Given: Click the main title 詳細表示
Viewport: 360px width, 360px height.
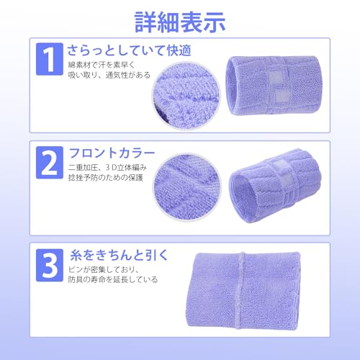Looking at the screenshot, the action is tap(180, 22).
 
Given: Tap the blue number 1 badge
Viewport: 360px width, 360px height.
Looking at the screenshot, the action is tap(50, 59).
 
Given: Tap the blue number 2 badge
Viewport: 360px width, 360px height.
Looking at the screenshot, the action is tap(50, 163).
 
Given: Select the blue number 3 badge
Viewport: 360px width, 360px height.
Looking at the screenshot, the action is tap(50, 265).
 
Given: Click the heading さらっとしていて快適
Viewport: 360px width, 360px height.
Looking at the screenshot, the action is tap(129, 50).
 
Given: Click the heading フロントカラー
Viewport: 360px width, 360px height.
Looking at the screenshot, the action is tap(112, 153).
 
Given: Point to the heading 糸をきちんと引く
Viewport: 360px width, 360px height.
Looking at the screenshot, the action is tap(119, 255).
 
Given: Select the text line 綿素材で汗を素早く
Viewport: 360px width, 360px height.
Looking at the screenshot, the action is tap(102, 65).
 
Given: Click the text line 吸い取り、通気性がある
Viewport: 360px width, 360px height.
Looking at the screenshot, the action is tap(109, 75).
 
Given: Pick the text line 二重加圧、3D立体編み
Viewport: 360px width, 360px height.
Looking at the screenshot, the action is tap(107, 167).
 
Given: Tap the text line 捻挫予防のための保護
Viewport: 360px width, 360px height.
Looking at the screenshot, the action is tap(106, 178).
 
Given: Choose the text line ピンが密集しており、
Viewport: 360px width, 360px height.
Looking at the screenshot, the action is tap(104, 269).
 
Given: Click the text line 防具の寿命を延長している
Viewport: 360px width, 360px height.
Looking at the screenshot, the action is tap(113, 279).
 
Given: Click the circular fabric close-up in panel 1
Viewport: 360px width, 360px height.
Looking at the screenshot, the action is tap(186, 95).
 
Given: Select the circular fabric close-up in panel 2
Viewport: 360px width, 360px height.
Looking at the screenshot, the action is tap(188, 187).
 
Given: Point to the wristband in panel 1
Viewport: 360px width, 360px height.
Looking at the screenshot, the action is tap(274, 85).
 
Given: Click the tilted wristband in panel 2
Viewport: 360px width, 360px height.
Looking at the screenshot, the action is tap(275, 186).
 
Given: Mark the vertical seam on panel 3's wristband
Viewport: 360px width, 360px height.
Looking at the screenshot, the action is tap(240, 290).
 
